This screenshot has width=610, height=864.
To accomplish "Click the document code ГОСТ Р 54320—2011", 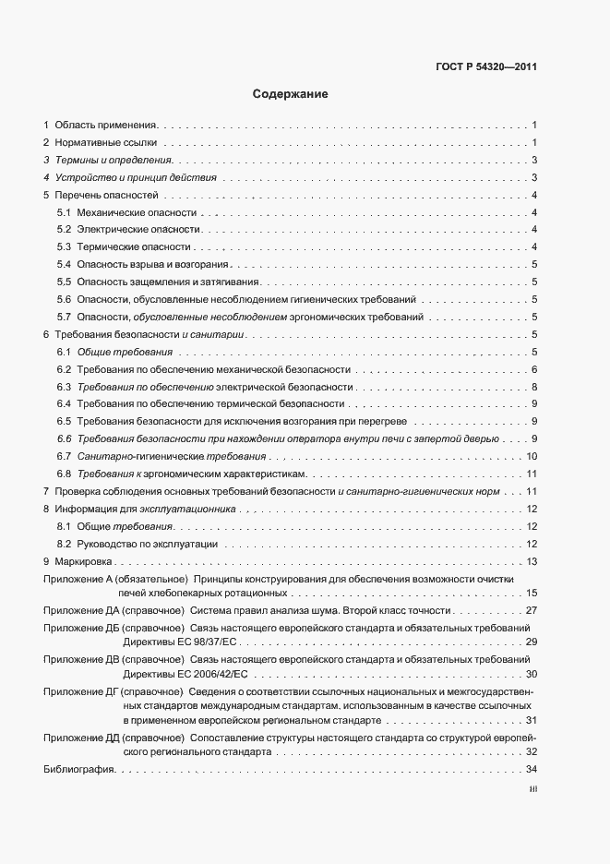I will click(486, 66).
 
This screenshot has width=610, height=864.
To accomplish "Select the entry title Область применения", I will click(106, 124).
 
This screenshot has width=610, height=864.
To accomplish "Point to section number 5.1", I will click(64, 213).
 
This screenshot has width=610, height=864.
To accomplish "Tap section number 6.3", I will click(64, 387).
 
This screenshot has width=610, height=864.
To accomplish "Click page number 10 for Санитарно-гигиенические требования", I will click(532, 456).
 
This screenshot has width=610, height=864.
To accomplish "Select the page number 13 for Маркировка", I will click(532, 561).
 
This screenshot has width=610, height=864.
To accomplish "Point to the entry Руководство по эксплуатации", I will click(147, 544).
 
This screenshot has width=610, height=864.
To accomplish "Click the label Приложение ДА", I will click(75, 611).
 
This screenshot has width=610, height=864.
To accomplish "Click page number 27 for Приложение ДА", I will click(531, 611).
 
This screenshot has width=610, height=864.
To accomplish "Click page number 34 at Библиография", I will click(531, 769).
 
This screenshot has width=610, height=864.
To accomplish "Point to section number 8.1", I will click(64, 526).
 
